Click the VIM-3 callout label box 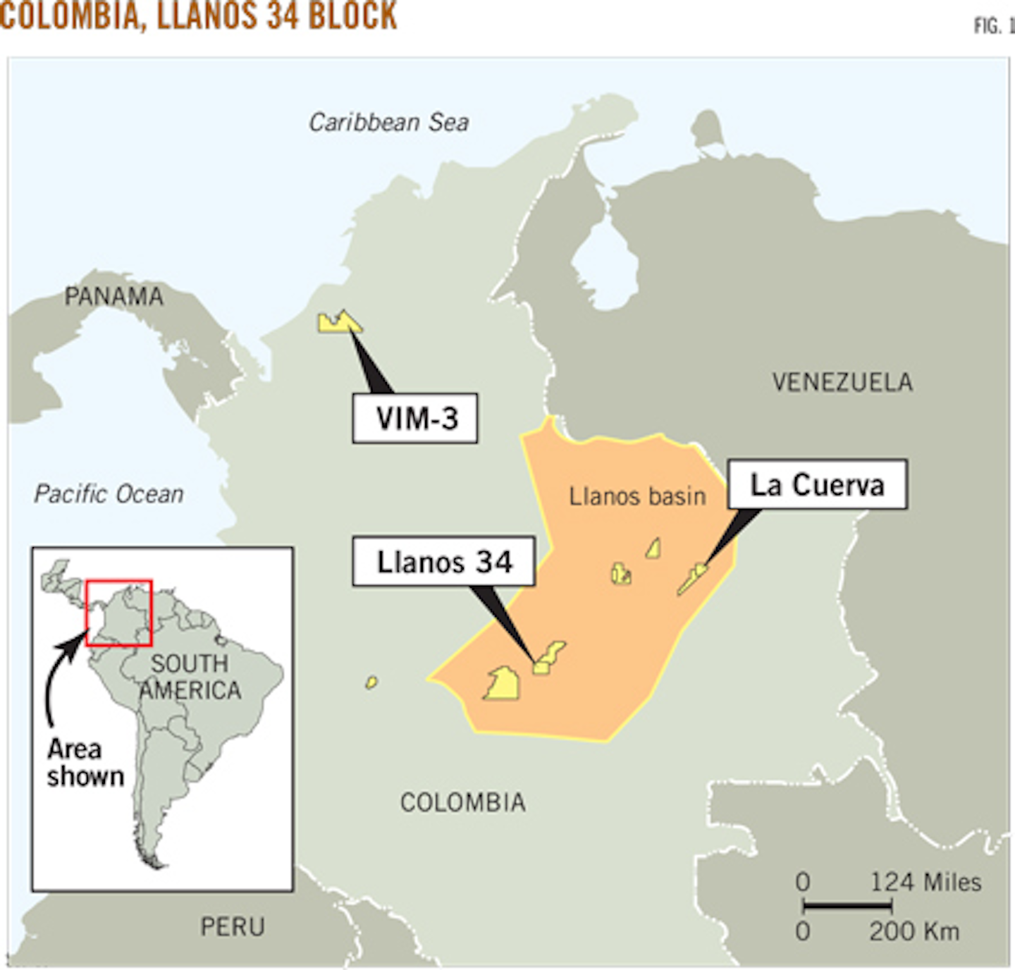tap(415, 418)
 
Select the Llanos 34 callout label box tap(443, 561)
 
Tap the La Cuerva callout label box tap(817, 484)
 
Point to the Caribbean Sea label tap(388, 123)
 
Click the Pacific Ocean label tap(109, 493)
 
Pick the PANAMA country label tap(113, 296)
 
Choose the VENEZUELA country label tap(842, 382)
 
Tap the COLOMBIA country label tap(463, 802)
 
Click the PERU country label tap(233, 926)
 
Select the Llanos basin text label tap(637, 496)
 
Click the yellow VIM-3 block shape tap(338, 323)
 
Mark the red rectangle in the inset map tap(118, 613)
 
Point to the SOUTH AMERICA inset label tap(190, 677)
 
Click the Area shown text tap(85, 762)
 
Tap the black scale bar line tap(848, 905)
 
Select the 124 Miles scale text tap(925, 882)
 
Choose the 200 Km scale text tap(914, 931)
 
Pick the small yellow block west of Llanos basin tap(371, 682)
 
